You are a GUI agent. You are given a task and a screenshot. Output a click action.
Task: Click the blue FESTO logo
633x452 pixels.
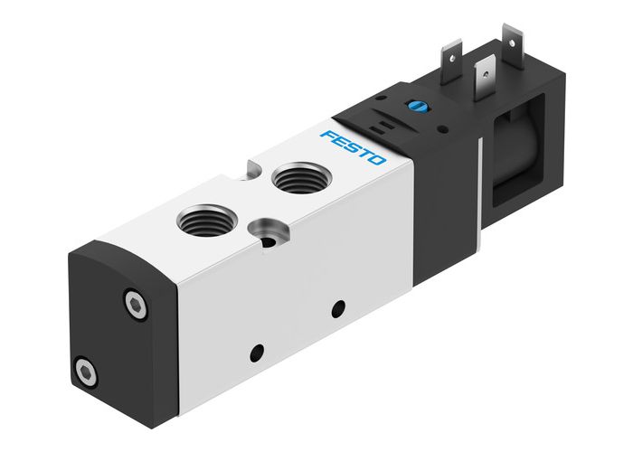(353, 146)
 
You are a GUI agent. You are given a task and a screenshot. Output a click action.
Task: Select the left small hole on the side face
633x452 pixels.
(256, 351)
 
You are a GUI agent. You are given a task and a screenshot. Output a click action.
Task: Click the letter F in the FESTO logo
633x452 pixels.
(326, 134)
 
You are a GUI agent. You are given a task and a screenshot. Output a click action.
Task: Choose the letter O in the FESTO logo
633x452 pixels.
(377, 160)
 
